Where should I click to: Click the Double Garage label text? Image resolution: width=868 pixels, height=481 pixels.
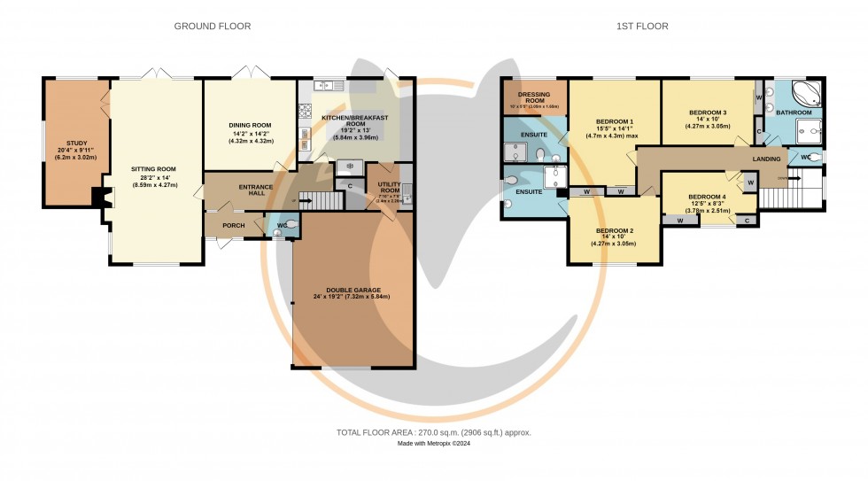point(352,290)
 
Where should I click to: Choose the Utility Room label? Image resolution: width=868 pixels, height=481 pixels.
point(390,187)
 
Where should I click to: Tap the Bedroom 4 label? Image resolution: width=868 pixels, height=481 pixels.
point(707,197)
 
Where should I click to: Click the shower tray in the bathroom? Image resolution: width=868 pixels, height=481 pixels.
point(808,133)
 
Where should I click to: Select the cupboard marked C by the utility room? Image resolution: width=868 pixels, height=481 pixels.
point(351,185)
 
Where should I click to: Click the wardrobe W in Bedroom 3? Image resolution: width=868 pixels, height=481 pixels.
point(758,97)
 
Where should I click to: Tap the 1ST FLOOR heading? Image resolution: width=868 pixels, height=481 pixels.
point(642,27)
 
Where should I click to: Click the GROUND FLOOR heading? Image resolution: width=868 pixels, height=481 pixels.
point(212,27)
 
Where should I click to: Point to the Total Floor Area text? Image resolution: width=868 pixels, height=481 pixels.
point(433,432)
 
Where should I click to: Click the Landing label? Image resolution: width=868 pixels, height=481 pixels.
point(766,159)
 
